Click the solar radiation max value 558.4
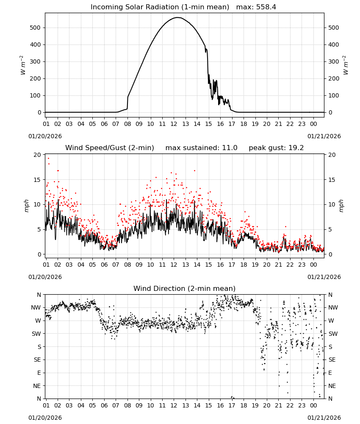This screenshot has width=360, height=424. (266, 7)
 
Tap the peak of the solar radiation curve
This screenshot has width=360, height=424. (178, 17)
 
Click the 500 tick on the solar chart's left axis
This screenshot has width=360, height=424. (35, 28)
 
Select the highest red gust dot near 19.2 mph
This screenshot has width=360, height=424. (49, 159)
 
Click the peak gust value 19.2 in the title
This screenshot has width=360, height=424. (296, 148)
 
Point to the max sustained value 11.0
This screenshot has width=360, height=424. (230, 148)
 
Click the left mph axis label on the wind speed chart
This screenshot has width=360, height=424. (26, 206)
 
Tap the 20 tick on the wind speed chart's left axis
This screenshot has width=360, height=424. (37, 155)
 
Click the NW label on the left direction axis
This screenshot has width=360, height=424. (36, 308)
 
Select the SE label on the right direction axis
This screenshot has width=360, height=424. (332, 360)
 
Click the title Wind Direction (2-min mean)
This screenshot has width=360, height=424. (185, 288)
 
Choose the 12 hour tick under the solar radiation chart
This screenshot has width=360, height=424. (174, 124)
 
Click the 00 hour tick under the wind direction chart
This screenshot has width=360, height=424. (313, 405)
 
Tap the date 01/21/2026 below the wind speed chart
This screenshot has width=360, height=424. (324, 277)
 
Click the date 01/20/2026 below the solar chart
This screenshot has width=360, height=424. (45, 136)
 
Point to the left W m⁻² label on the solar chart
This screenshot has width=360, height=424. (23, 65)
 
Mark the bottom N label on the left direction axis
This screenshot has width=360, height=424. (39, 399)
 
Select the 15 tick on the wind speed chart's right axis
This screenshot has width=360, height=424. (332, 180)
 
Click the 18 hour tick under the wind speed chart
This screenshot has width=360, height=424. (244, 265)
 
